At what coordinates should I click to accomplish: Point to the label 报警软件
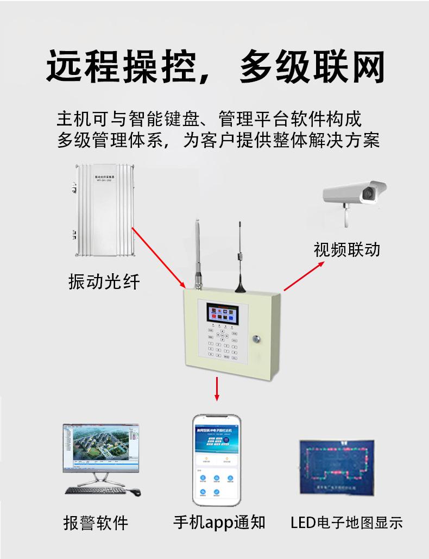point(96,522)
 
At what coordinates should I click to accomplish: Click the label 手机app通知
point(219,522)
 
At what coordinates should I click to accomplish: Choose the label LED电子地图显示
point(346,523)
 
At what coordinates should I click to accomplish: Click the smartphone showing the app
point(217,460)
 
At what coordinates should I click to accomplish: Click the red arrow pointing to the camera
point(304,276)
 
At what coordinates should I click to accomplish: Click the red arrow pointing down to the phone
point(217,388)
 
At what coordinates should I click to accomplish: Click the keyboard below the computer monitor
point(96,490)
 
